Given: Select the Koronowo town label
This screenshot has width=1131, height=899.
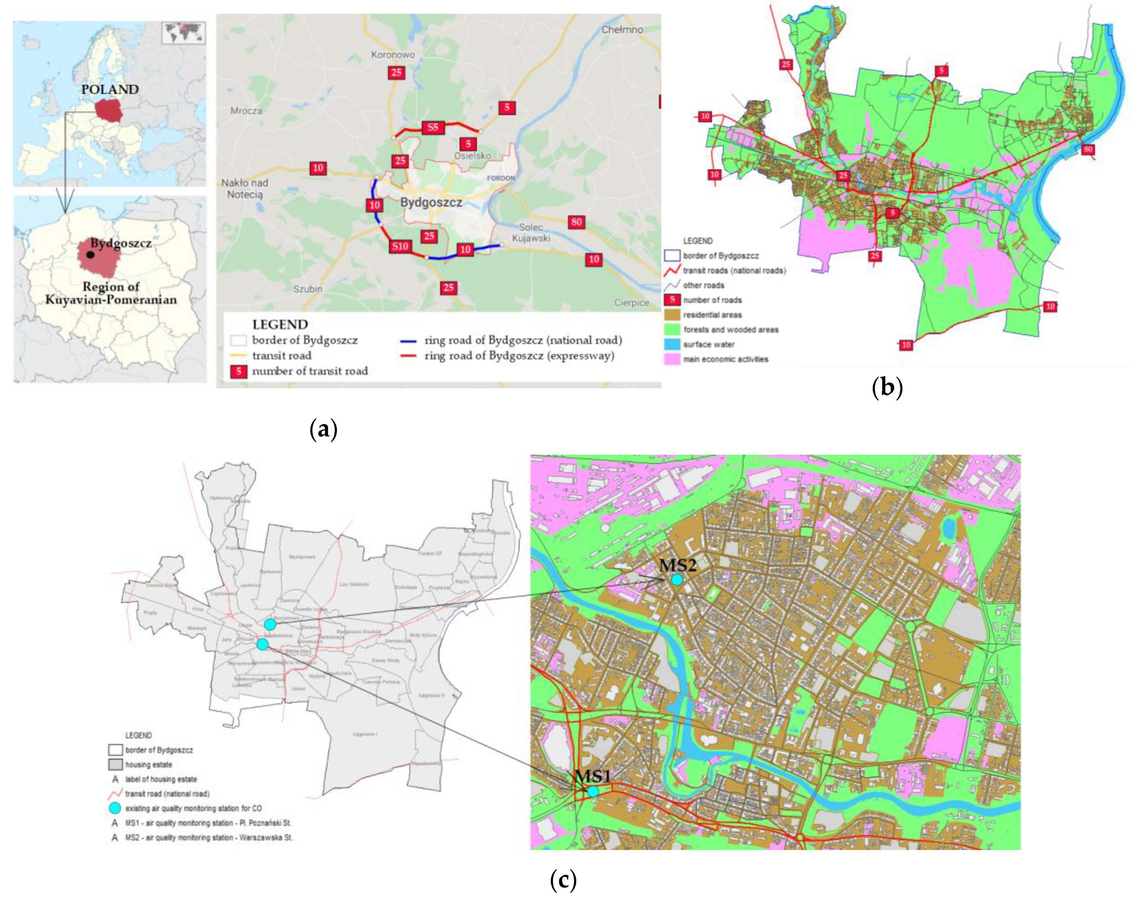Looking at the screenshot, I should (393, 54).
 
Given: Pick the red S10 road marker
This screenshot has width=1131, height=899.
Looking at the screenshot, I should (400, 246).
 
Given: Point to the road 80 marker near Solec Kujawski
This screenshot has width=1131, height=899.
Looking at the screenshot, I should (576, 222).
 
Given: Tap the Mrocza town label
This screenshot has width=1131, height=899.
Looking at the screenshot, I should (246, 111).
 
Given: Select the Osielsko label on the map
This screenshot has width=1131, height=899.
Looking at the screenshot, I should (472, 156).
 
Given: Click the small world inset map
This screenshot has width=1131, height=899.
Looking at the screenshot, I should (184, 33).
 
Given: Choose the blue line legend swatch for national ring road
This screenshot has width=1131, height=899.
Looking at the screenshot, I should (408, 341).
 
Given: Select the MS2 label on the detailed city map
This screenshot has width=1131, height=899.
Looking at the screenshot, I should (677, 565).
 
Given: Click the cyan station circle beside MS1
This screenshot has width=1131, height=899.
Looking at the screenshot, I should (593, 791).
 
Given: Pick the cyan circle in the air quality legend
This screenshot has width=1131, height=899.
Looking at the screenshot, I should (115, 808).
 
